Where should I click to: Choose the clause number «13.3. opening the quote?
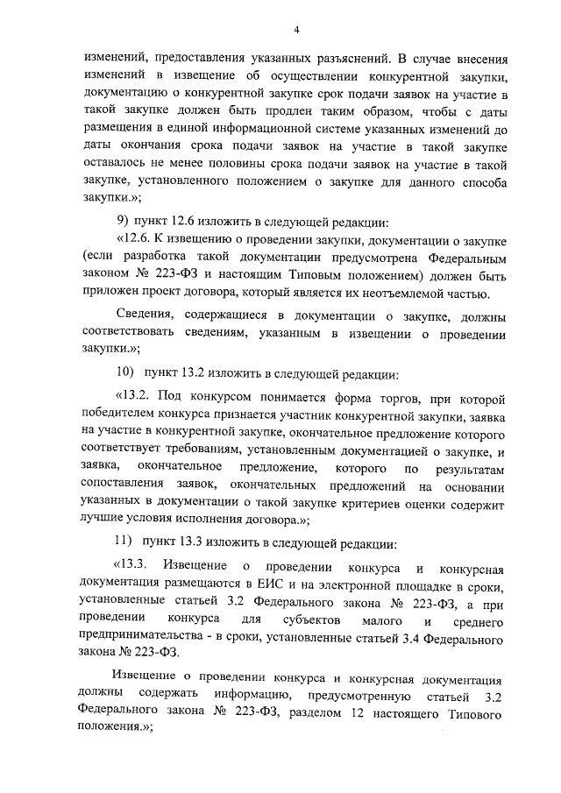point(134,563)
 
